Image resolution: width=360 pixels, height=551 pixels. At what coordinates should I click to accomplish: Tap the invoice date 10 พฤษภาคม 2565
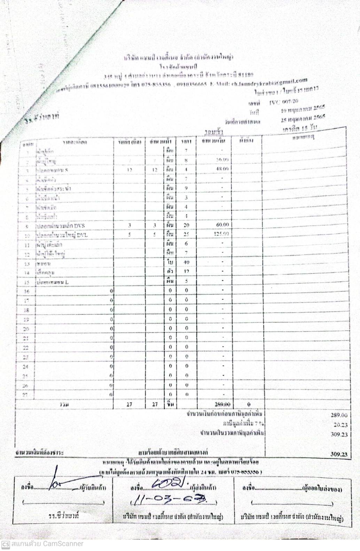tap(303, 109)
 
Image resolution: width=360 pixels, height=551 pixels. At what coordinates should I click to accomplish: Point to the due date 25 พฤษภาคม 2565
tap(303, 118)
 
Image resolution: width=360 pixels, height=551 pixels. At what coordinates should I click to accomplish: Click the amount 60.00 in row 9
tap(222, 225)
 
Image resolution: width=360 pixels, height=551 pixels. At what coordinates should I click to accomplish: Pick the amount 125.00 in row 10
tap(221, 234)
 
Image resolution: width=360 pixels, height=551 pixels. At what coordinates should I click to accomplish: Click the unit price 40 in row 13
tap(186, 262)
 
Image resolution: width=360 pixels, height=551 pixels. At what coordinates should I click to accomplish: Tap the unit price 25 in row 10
tap(186, 234)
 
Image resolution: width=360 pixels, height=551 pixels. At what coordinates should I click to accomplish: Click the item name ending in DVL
tap(62, 235)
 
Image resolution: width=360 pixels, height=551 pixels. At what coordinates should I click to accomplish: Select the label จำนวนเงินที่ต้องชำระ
tap(39, 452)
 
